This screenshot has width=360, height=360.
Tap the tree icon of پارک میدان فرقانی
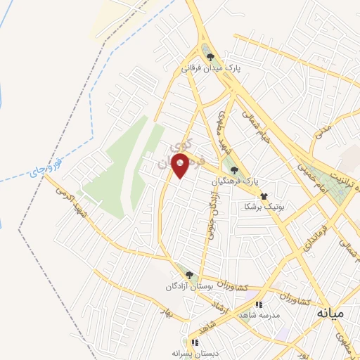click(210, 57)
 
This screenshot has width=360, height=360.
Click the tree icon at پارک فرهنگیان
click(234, 169)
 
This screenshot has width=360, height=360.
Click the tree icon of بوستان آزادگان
click(188, 274)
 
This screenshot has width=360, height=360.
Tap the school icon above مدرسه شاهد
click(259, 304)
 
